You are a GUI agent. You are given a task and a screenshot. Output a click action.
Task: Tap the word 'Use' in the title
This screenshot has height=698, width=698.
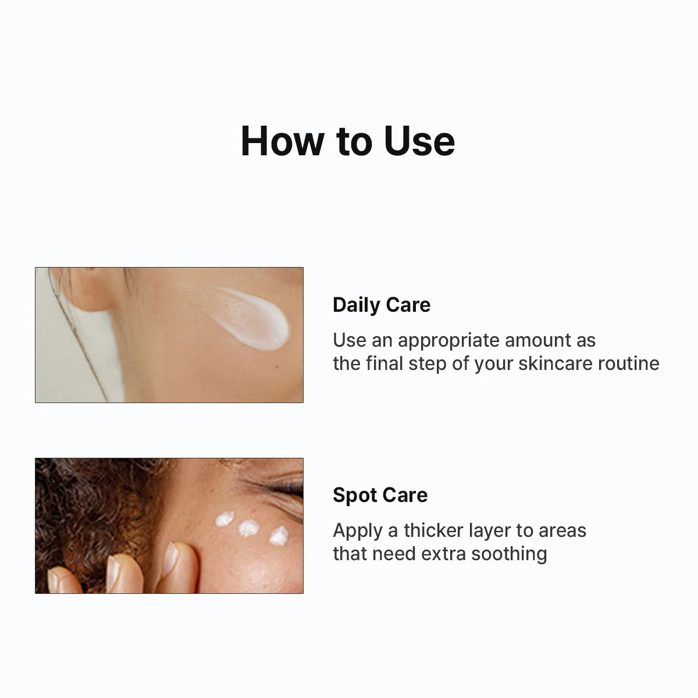(419, 141)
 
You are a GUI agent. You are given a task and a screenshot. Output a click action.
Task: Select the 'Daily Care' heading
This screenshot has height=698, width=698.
(382, 305)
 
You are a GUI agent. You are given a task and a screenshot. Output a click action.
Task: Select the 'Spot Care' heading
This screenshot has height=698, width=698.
(380, 495)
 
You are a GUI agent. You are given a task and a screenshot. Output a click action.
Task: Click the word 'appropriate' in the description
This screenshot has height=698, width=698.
(448, 340)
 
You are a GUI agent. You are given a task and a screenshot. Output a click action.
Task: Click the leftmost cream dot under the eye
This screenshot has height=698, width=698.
(225, 518)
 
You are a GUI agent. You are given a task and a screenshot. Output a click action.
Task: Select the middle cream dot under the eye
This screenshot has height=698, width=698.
(249, 528)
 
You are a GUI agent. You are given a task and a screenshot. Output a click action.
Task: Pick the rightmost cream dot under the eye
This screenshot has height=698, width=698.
(279, 536)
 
